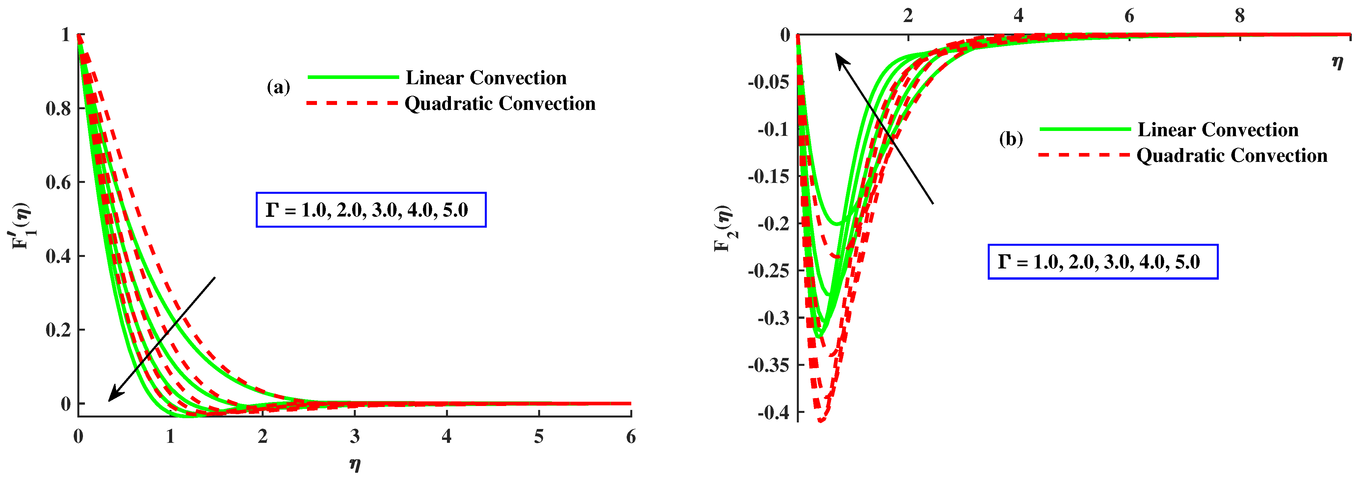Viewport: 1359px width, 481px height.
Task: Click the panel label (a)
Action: click(x=278, y=87)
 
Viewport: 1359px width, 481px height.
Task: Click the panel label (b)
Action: click(x=1011, y=139)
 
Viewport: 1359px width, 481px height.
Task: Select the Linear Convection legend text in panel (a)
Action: click(x=486, y=78)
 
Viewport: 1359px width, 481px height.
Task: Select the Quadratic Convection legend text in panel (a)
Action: click(x=500, y=103)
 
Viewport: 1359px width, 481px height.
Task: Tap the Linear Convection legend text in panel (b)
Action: click(x=1217, y=130)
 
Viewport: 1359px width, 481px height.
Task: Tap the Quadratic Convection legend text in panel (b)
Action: click(x=1231, y=156)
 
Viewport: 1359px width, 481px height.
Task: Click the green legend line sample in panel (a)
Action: click(x=353, y=78)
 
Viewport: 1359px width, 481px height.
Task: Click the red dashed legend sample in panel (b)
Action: click(x=1084, y=155)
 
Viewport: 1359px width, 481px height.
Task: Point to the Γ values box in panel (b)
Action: click(x=1103, y=262)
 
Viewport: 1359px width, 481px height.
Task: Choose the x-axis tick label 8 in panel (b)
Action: click(x=1239, y=16)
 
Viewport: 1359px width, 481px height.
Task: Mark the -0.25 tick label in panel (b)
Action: click(x=768, y=271)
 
